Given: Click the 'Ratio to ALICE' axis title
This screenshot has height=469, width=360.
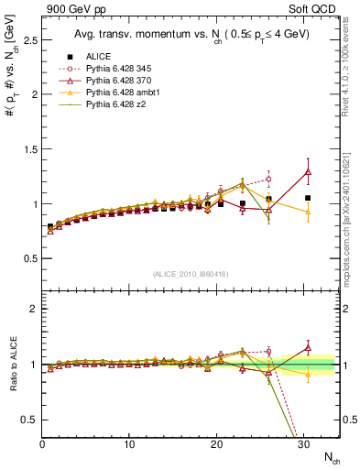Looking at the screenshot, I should coord(11,362).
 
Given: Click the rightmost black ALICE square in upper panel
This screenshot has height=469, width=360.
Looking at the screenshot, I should coord(308,198).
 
